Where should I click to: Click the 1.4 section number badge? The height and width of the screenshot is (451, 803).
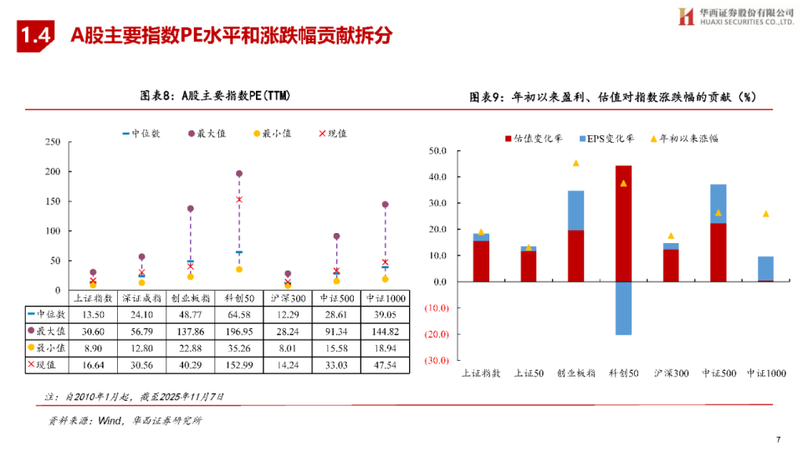pos(36,35)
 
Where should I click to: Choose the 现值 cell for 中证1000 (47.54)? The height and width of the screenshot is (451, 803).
pos(386,364)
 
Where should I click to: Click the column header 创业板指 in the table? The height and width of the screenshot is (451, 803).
pos(189,297)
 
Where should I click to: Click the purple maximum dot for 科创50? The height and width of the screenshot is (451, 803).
pos(239,174)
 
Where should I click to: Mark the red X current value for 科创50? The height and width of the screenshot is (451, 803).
pos(239,200)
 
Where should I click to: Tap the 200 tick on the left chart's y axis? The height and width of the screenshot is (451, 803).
pos(53,171)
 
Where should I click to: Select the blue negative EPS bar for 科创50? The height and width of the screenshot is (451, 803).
pos(623,308)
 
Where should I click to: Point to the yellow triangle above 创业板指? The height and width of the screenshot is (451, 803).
pos(575,163)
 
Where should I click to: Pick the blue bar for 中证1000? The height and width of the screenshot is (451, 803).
pos(765,268)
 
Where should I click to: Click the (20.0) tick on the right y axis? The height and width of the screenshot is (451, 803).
pos(437,334)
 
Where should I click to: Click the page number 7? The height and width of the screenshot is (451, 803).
pos(777,439)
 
